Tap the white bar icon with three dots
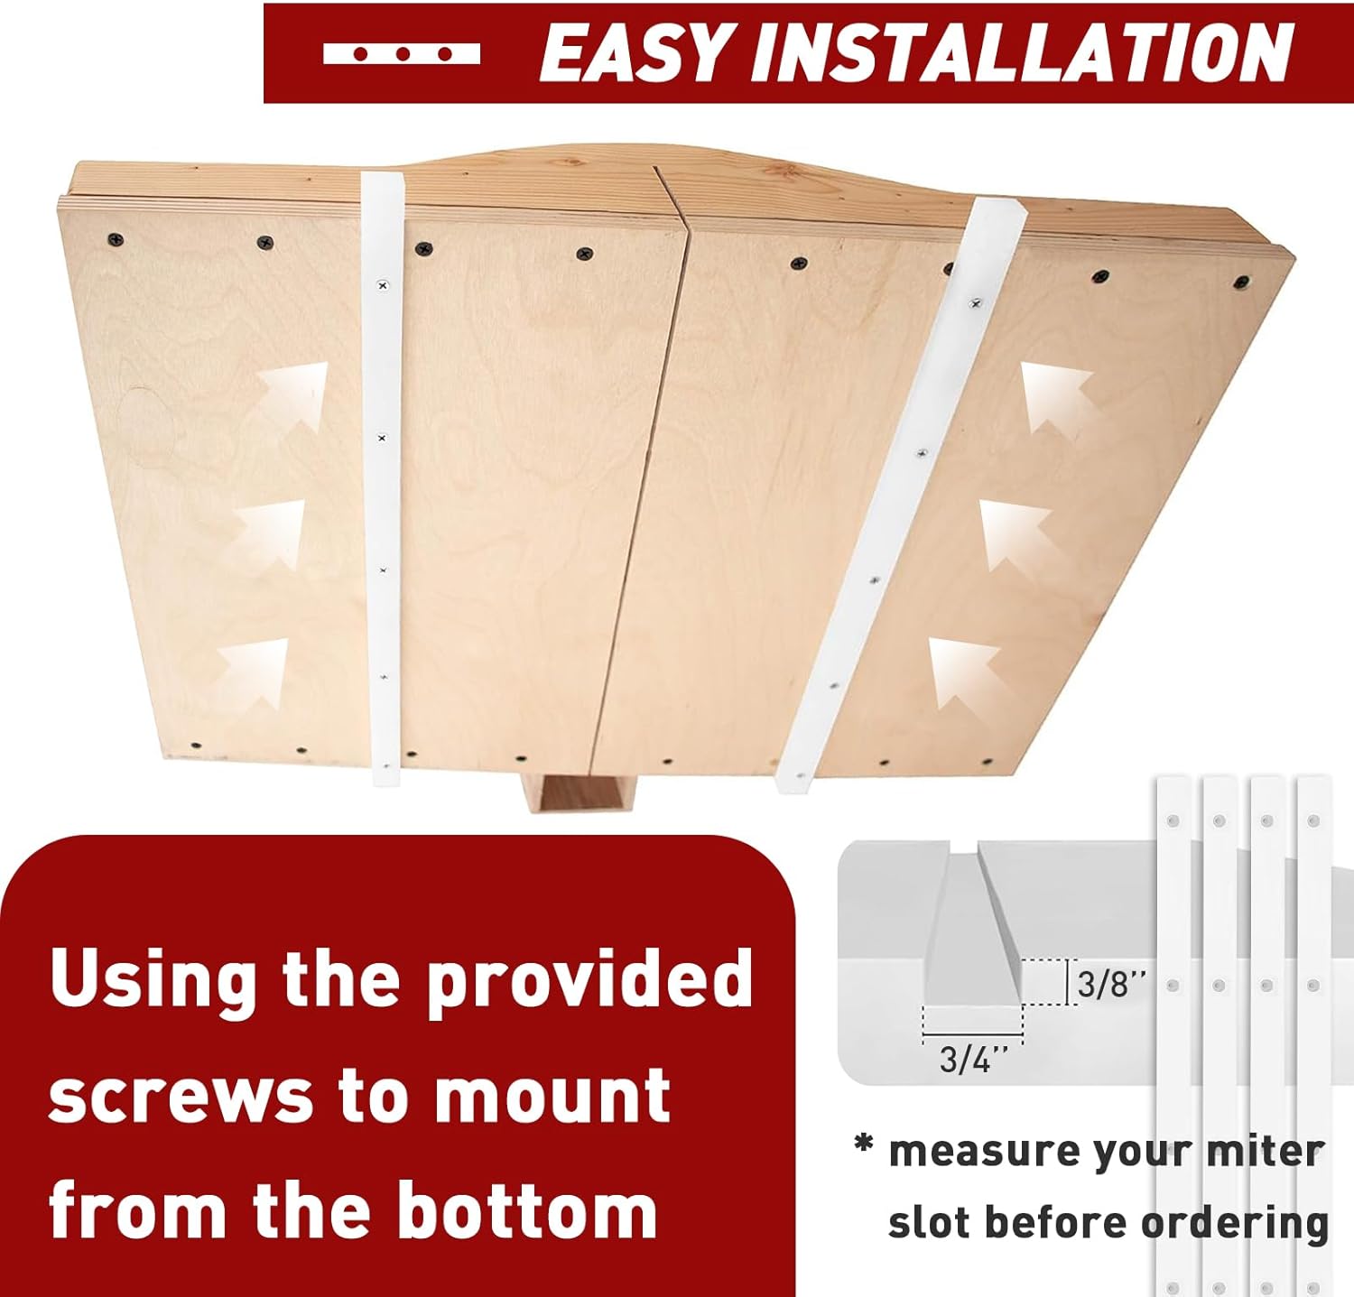(402, 53)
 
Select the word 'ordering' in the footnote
(1235, 1224)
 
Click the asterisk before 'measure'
(865, 1145)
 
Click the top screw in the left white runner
(383, 285)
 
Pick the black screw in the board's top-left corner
(116, 240)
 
